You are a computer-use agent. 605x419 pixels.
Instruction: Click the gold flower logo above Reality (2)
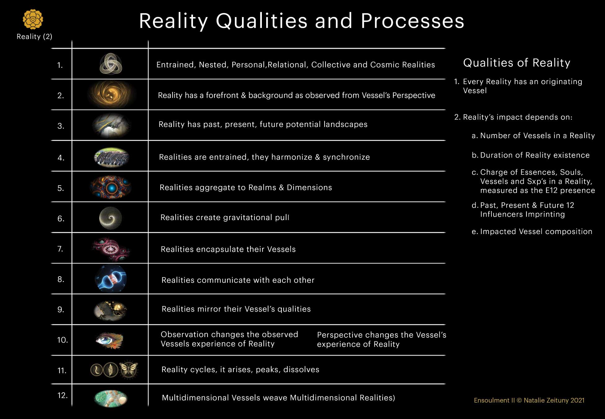coord(33,19)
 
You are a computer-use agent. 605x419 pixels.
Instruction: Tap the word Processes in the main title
coord(412,21)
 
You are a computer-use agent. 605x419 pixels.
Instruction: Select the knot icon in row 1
coord(111,64)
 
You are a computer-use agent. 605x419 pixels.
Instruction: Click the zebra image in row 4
coord(111,157)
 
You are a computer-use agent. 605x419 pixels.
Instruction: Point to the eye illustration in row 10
coord(110,340)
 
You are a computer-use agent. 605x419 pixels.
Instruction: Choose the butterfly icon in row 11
coord(128,370)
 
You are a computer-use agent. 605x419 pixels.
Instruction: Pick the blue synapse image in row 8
coord(111,279)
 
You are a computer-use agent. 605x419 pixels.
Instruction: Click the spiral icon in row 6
coord(110,218)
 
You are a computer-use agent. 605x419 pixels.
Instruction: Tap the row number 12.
coord(62,395)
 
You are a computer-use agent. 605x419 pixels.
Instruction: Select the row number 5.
coord(61,188)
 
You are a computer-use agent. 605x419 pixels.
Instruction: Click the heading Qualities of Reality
coord(517,63)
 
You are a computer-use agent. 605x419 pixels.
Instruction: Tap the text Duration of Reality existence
coord(535,155)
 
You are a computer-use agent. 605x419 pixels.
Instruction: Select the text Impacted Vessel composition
coord(536,232)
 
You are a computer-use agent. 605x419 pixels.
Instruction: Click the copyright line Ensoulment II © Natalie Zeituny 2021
coord(529,400)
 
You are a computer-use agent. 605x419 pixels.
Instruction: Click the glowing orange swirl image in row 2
coord(111,94)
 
